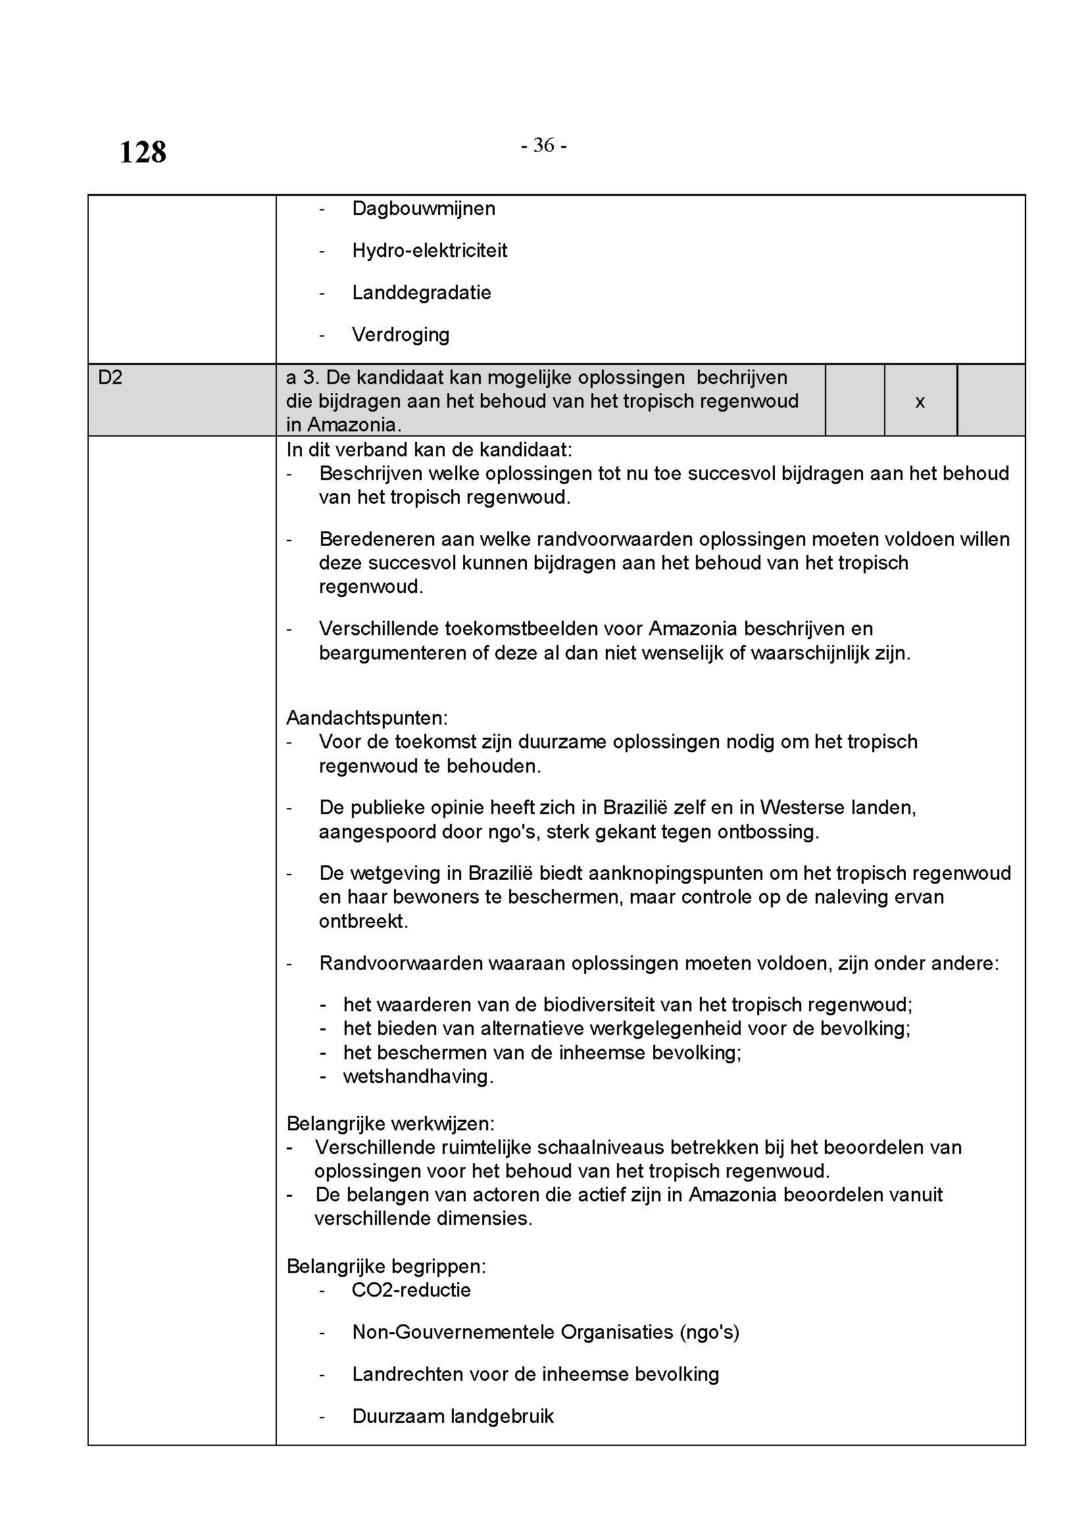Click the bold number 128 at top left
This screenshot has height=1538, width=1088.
[143, 153]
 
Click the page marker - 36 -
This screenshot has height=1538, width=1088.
[543, 145]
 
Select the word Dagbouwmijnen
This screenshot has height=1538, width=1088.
[424, 209]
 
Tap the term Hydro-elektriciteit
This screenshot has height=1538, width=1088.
[430, 251]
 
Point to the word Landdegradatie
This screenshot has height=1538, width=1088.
[422, 293]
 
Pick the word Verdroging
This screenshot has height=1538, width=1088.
[401, 335]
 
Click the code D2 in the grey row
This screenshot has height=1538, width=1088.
[111, 378]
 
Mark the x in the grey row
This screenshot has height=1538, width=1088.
[920, 402]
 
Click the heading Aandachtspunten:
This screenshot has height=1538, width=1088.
[367, 718]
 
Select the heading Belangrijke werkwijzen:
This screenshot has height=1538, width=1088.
[391, 1123]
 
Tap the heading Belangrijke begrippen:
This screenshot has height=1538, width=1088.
[386, 1266]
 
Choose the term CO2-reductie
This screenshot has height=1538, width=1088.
[410, 1290]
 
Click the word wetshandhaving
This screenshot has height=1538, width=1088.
[418, 1076]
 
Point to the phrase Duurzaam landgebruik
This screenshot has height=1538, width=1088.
[453, 1416]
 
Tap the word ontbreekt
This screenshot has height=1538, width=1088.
[363, 921]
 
